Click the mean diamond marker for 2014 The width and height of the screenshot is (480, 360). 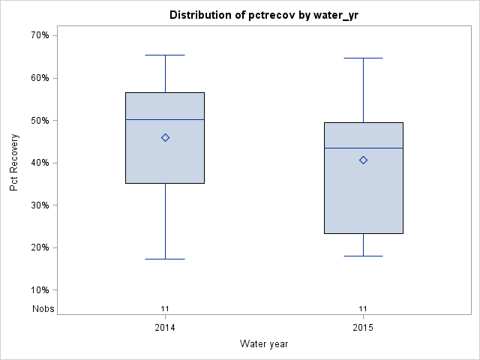165,137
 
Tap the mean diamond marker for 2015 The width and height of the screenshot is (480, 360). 363,160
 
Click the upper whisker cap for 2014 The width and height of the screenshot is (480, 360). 165,55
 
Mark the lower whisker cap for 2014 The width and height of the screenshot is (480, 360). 165,259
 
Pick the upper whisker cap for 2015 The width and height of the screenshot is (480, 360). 363,58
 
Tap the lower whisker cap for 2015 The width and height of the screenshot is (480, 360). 363,256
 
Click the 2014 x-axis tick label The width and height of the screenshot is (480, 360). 165,328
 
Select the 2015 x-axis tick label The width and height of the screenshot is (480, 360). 363,328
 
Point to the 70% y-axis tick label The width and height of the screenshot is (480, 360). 40,35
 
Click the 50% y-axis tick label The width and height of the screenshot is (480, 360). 40,120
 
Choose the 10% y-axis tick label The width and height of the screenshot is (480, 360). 40,290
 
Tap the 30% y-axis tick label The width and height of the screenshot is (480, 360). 40,205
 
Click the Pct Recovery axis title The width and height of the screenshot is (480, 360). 14,163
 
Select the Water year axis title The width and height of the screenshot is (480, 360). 264,344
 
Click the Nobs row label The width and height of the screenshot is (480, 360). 43,308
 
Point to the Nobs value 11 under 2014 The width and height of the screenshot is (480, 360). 165,308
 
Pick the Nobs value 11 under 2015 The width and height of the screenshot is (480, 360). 363,308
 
